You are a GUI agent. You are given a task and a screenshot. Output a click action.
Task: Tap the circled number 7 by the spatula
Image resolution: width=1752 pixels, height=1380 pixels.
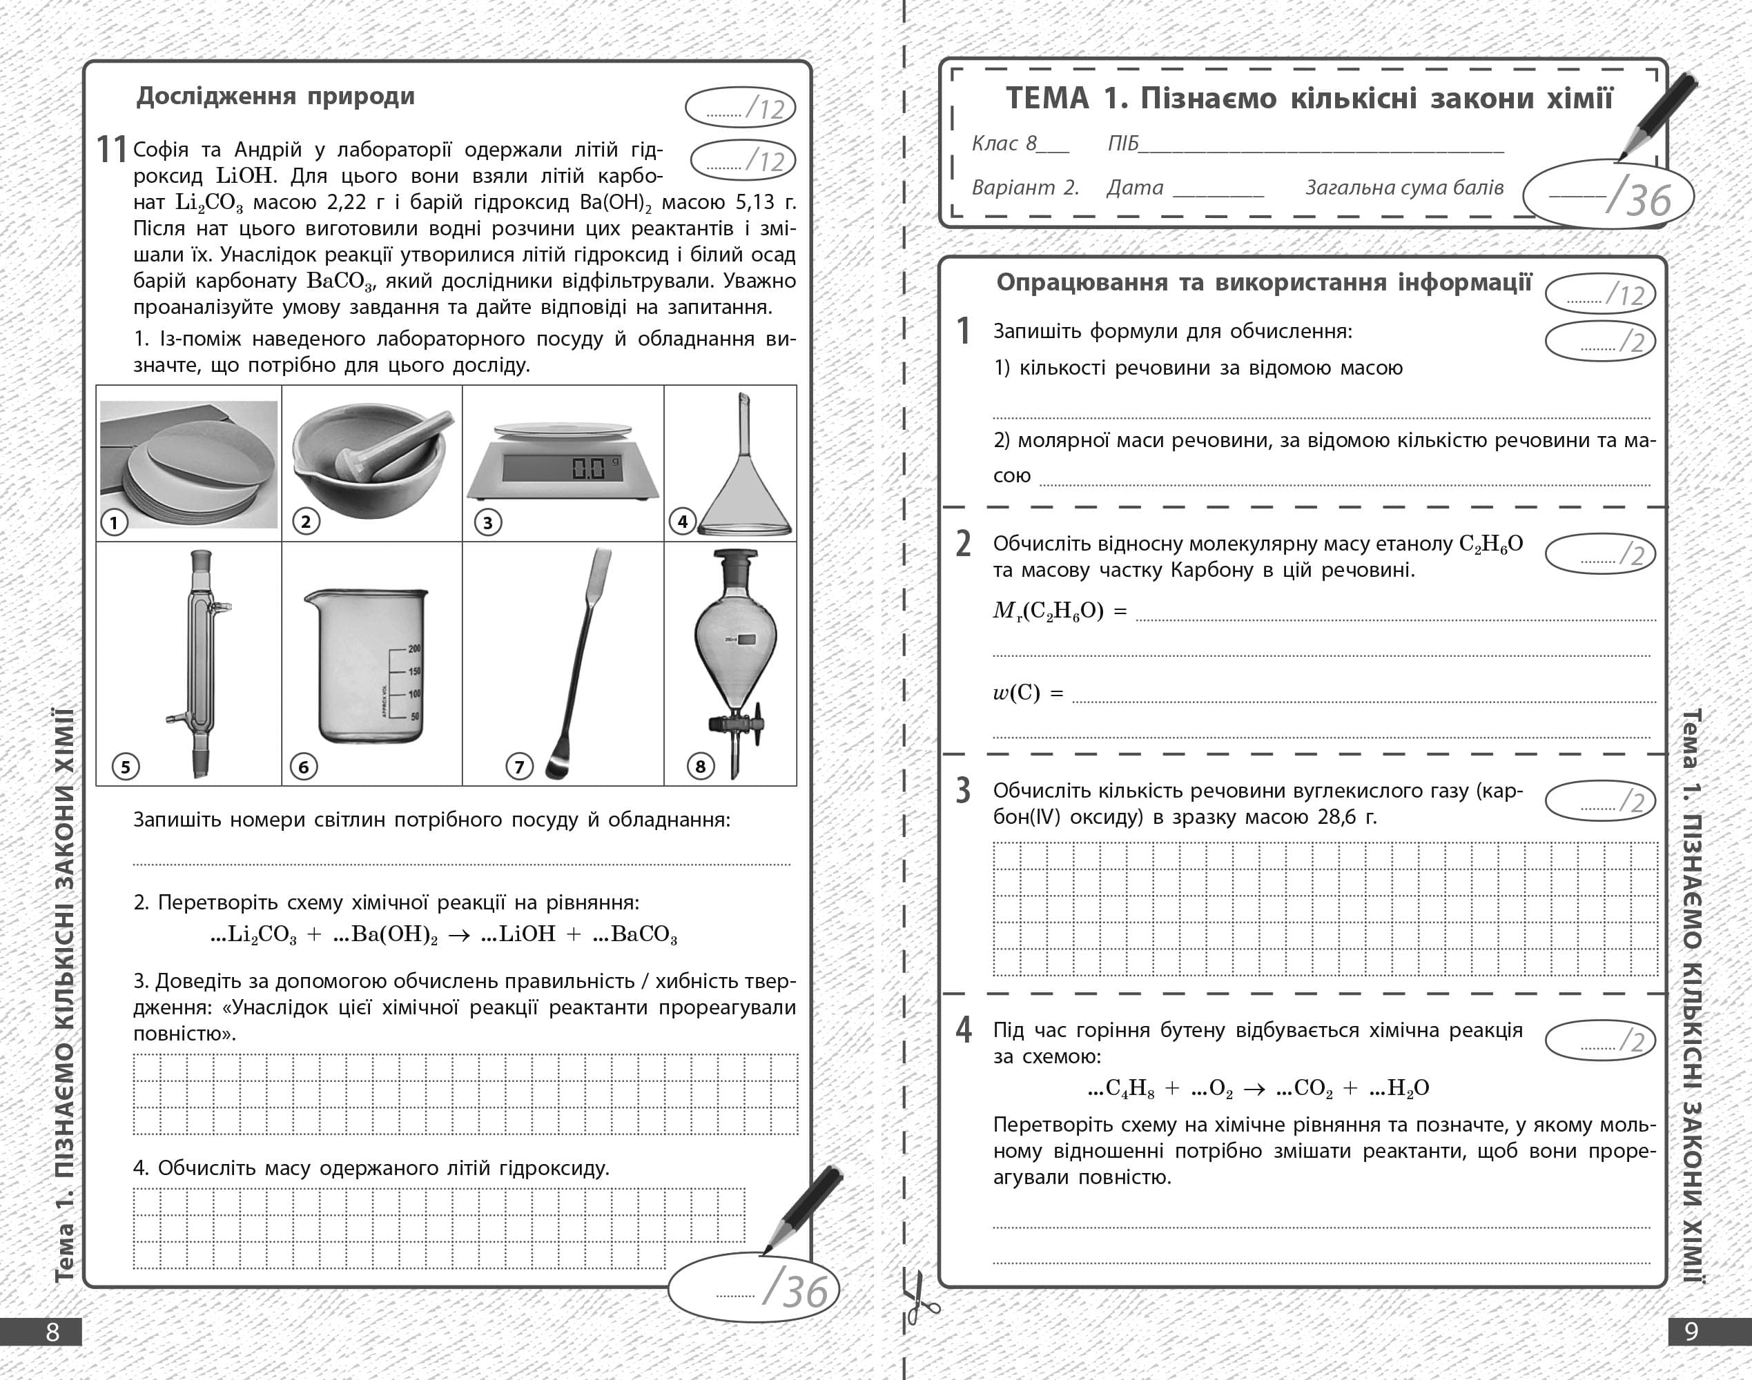[x=519, y=766]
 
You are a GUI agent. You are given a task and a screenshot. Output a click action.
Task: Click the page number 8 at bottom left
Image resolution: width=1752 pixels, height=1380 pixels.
[x=52, y=1332]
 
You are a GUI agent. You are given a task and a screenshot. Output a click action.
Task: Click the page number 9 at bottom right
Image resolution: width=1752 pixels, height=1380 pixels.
[x=1691, y=1332]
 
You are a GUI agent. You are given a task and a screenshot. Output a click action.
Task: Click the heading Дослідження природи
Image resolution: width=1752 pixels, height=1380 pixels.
[x=275, y=96]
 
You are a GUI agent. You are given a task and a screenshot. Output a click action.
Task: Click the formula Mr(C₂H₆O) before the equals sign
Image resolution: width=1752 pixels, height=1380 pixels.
[x=1048, y=611]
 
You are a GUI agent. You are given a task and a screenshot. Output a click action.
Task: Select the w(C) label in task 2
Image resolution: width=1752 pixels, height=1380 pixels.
[x=1017, y=693]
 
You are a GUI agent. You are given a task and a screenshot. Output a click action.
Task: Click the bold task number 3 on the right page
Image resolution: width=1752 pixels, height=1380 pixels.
[x=962, y=790]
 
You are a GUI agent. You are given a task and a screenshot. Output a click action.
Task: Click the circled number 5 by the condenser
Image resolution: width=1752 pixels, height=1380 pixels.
[x=125, y=766]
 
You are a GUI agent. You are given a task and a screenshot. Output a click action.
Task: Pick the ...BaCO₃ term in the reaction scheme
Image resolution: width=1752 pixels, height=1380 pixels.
[x=635, y=935]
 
